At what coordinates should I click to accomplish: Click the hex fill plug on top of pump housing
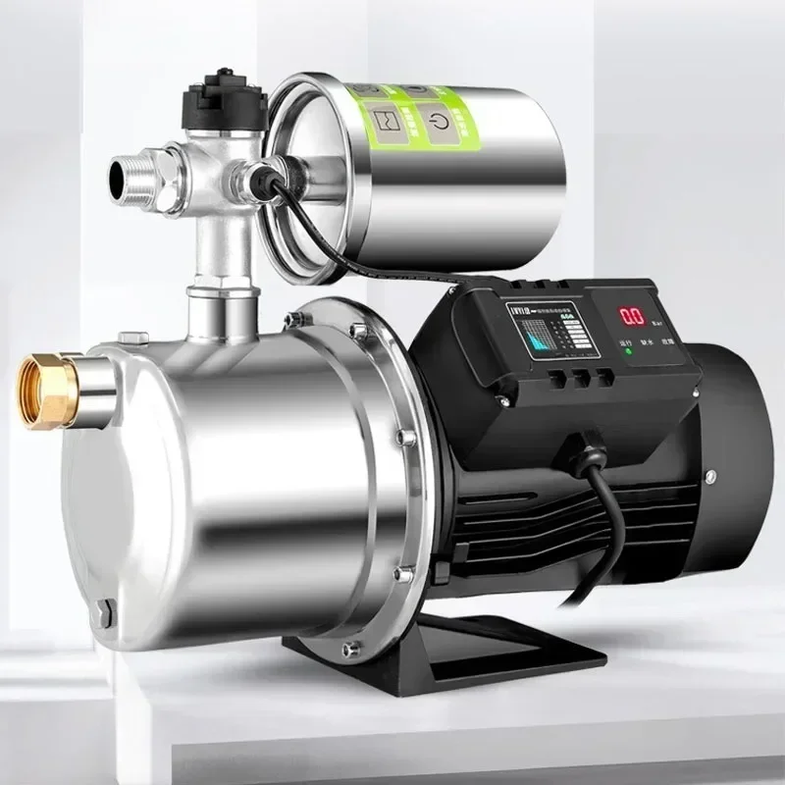[x=133, y=339]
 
